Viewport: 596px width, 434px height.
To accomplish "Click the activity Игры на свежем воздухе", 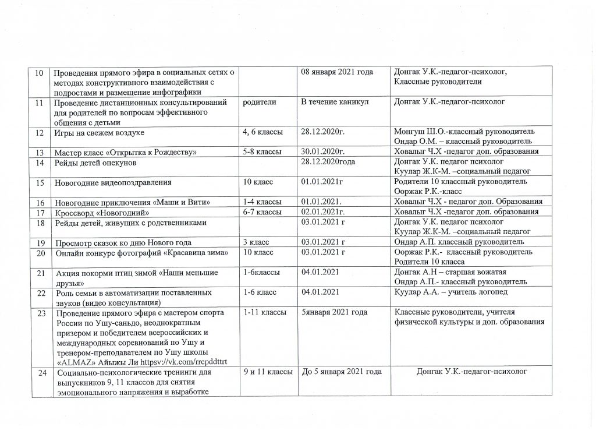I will tap(99, 133).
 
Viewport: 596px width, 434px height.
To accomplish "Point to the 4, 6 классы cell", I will tap(263, 133).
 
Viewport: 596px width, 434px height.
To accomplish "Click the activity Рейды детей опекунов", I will tap(95, 161).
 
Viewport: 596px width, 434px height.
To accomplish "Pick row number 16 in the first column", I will tap(40, 202).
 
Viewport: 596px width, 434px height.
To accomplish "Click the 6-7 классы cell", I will tap(262, 211).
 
